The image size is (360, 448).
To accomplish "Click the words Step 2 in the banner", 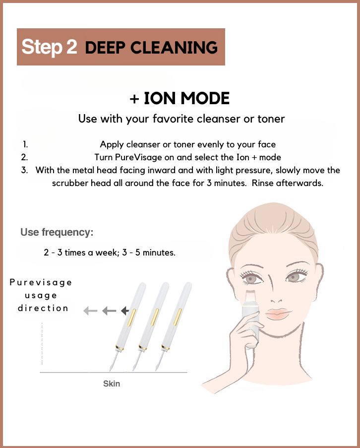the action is pos(49,47).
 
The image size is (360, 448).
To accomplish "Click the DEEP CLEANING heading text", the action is pos(151,48).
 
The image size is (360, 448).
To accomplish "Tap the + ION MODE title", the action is pos(180,98).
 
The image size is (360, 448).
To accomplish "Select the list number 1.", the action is pos(25,144).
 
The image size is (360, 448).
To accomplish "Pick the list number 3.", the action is pos(25,170).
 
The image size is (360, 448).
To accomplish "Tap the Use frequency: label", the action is pos(57,232).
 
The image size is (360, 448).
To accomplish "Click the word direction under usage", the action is pos(43,308).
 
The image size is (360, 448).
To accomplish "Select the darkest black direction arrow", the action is pos(125,311).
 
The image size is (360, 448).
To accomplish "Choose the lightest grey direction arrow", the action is pos(90,311).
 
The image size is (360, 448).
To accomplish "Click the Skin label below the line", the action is pos(112,384).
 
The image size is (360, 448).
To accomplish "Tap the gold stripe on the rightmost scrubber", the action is pos(177,317).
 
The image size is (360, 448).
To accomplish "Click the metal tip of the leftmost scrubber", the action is pos(112,364).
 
